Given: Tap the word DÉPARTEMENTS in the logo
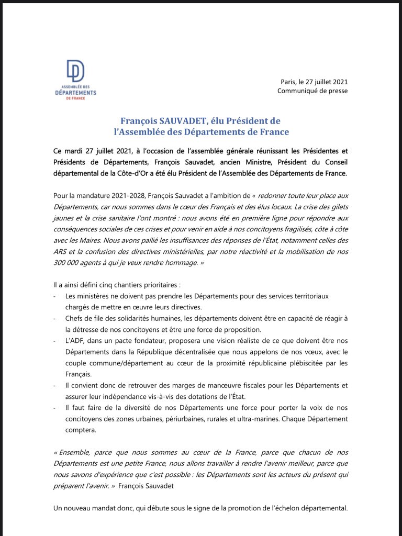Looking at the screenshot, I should tap(75, 92).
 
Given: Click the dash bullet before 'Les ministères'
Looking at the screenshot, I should tap(55, 296).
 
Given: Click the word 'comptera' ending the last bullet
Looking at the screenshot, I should tap(80, 430).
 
